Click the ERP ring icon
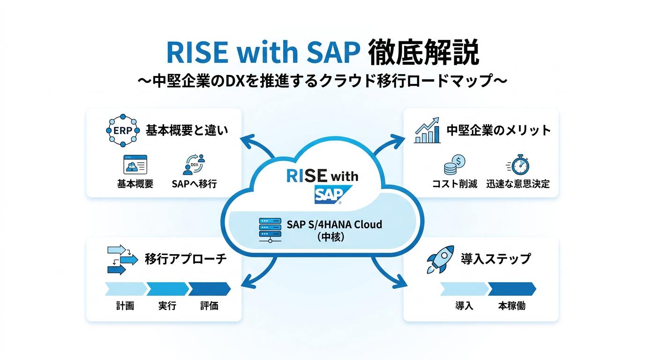[x=120, y=130]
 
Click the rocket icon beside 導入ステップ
[x=440, y=259]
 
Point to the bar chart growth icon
[x=427, y=130]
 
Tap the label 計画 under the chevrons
[x=125, y=306]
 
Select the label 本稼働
[x=511, y=306]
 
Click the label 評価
[x=209, y=306]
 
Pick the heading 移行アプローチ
[x=186, y=259]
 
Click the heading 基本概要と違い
[x=187, y=130]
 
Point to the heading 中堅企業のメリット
[x=498, y=130]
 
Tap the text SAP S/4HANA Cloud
[x=334, y=224]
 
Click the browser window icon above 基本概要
[x=135, y=165]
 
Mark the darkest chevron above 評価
[x=209, y=289]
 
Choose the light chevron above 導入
[x=464, y=289]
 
